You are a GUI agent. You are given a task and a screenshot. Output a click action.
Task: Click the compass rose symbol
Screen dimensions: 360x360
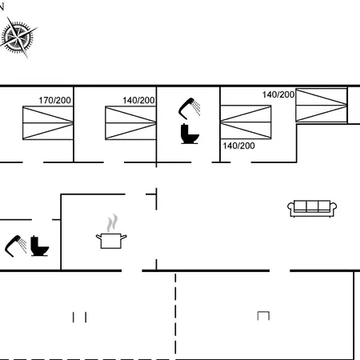click(x=18, y=38)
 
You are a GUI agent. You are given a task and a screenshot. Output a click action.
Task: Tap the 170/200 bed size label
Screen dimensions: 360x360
click(x=55, y=100)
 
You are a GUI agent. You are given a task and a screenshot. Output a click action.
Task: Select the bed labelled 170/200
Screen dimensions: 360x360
click(x=48, y=122)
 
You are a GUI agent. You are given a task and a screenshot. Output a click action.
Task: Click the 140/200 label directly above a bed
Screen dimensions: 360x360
click(x=138, y=100)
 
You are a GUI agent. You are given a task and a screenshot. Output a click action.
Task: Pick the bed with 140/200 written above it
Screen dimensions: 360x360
click(x=130, y=122)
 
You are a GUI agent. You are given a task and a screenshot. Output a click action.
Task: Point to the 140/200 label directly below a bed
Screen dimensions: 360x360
click(x=239, y=146)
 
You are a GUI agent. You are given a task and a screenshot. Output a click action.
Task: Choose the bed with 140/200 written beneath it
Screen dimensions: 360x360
click(x=246, y=122)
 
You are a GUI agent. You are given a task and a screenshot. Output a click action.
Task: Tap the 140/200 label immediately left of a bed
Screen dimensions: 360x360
click(x=278, y=94)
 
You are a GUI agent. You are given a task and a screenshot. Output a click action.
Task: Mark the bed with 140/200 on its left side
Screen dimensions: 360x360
click(x=322, y=106)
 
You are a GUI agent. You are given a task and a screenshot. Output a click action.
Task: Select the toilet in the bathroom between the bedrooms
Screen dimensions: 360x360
click(x=190, y=134)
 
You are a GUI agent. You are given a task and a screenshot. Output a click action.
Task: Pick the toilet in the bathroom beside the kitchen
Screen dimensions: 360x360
click(x=39, y=246)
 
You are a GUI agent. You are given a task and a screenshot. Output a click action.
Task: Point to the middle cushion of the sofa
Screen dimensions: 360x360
click(x=312, y=206)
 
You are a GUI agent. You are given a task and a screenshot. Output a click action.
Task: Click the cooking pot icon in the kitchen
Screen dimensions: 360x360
click(x=111, y=241)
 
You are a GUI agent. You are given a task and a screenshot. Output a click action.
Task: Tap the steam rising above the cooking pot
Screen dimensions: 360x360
click(x=112, y=223)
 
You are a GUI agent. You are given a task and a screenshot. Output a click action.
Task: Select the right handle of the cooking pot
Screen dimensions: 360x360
click(x=124, y=237)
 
